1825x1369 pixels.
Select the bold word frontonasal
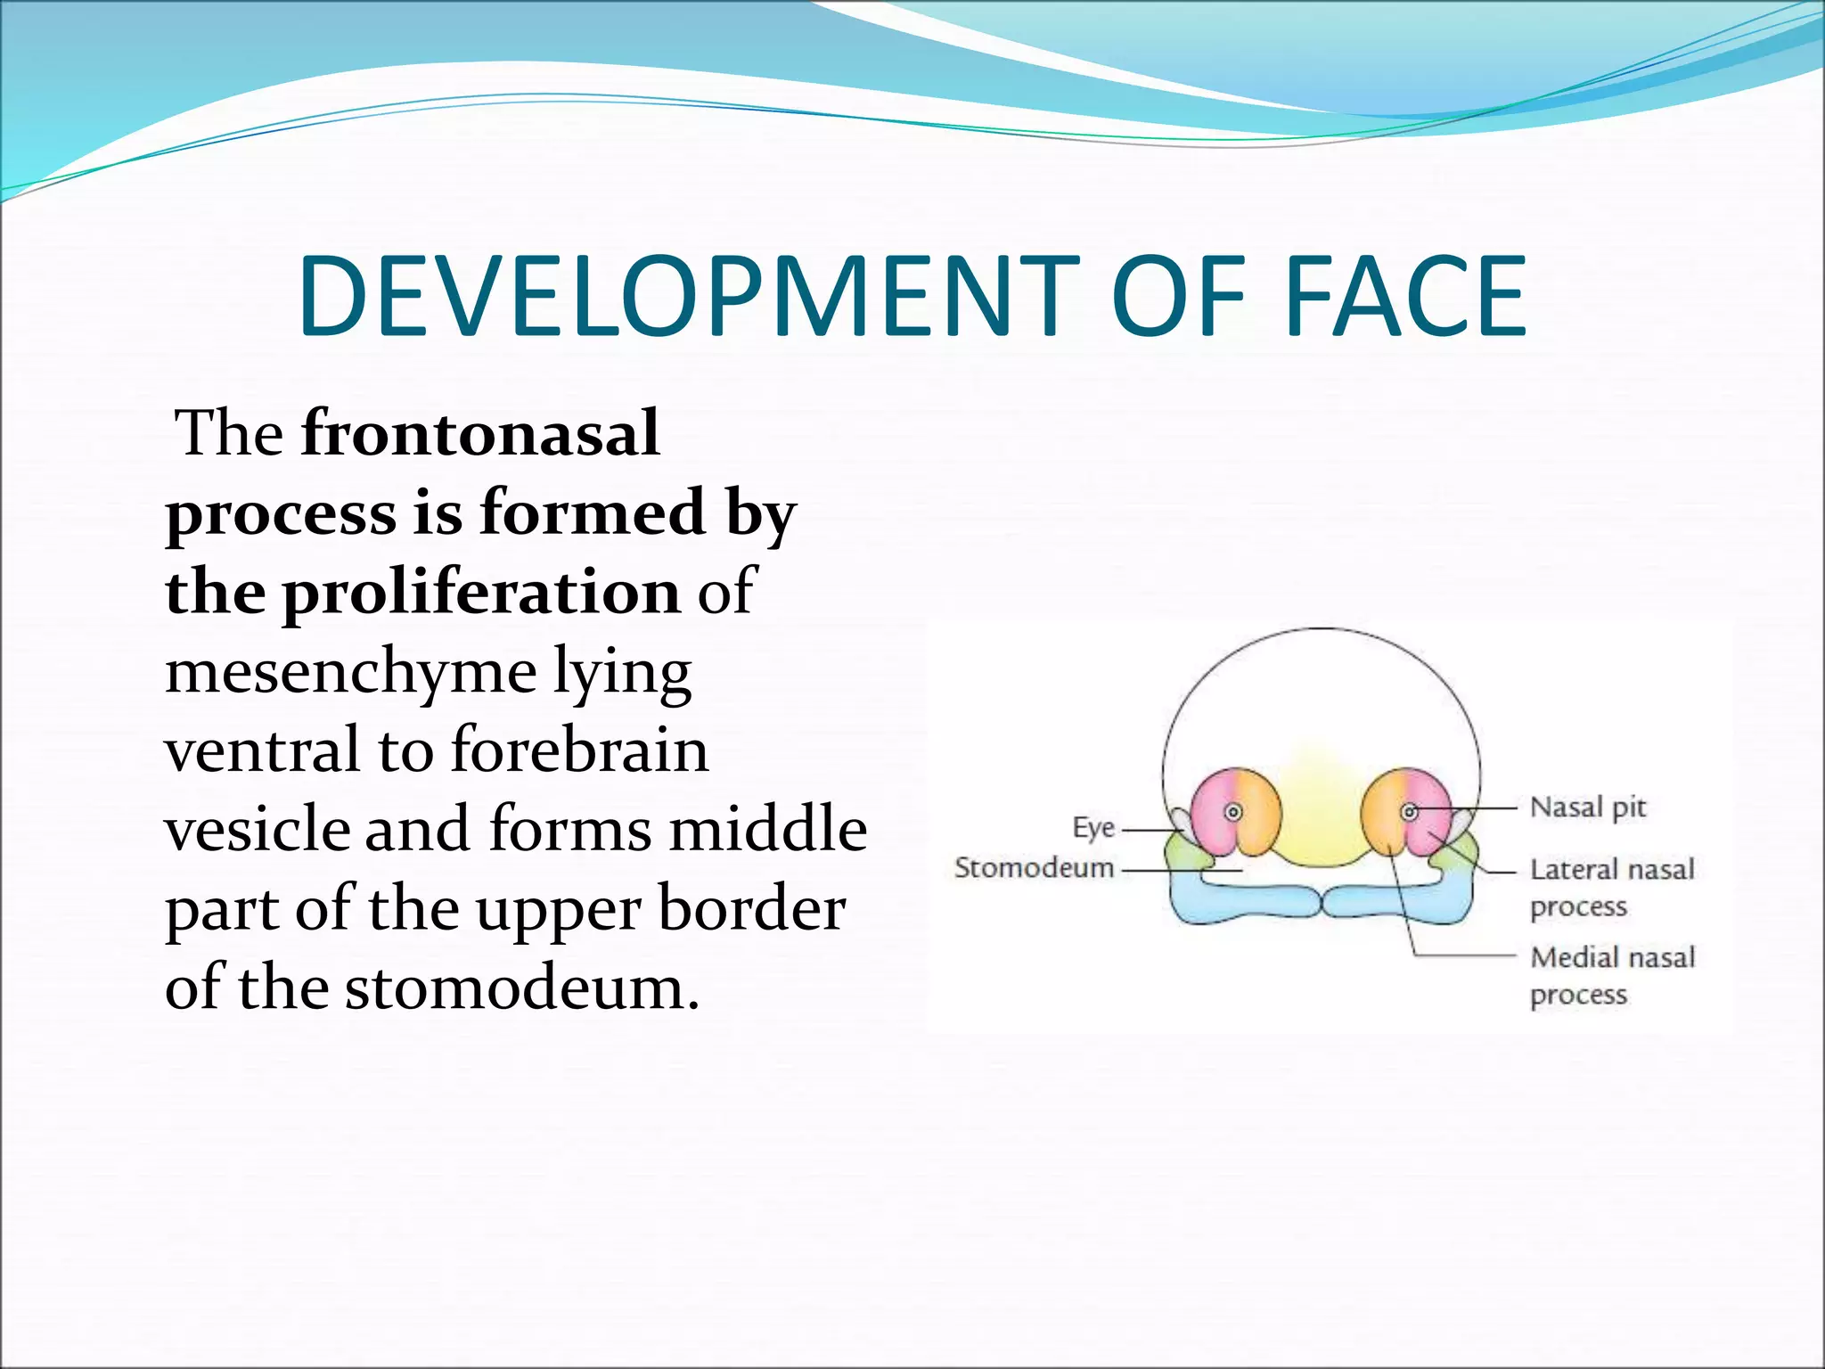point(480,433)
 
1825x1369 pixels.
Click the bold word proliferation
point(482,592)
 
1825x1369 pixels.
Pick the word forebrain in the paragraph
point(580,750)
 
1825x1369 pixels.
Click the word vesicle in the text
point(258,829)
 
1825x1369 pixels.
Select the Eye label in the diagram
point(1093,828)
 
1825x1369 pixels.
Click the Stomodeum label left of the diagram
point(1034,867)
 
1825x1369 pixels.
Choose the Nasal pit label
point(1588,807)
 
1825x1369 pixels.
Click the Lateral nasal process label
point(1611,888)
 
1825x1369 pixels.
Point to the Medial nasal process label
point(1611,976)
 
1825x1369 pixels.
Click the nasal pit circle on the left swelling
point(1234,812)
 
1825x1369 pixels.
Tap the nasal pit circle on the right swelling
point(1410,812)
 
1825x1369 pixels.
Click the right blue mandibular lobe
point(1399,902)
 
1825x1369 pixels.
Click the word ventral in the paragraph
point(263,750)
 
